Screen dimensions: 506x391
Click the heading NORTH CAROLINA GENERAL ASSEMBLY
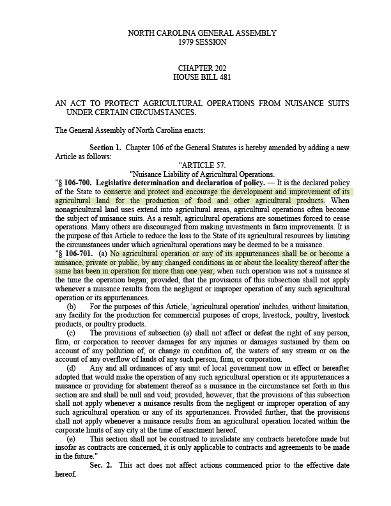tap(202, 33)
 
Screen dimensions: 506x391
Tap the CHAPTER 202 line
tap(202, 68)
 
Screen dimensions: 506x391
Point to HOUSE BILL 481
tap(202, 77)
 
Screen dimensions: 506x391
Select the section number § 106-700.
tap(74, 183)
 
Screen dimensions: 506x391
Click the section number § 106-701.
tap(74, 254)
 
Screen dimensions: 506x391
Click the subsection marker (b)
tap(72, 307)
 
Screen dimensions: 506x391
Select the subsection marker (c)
tap(71, 333)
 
